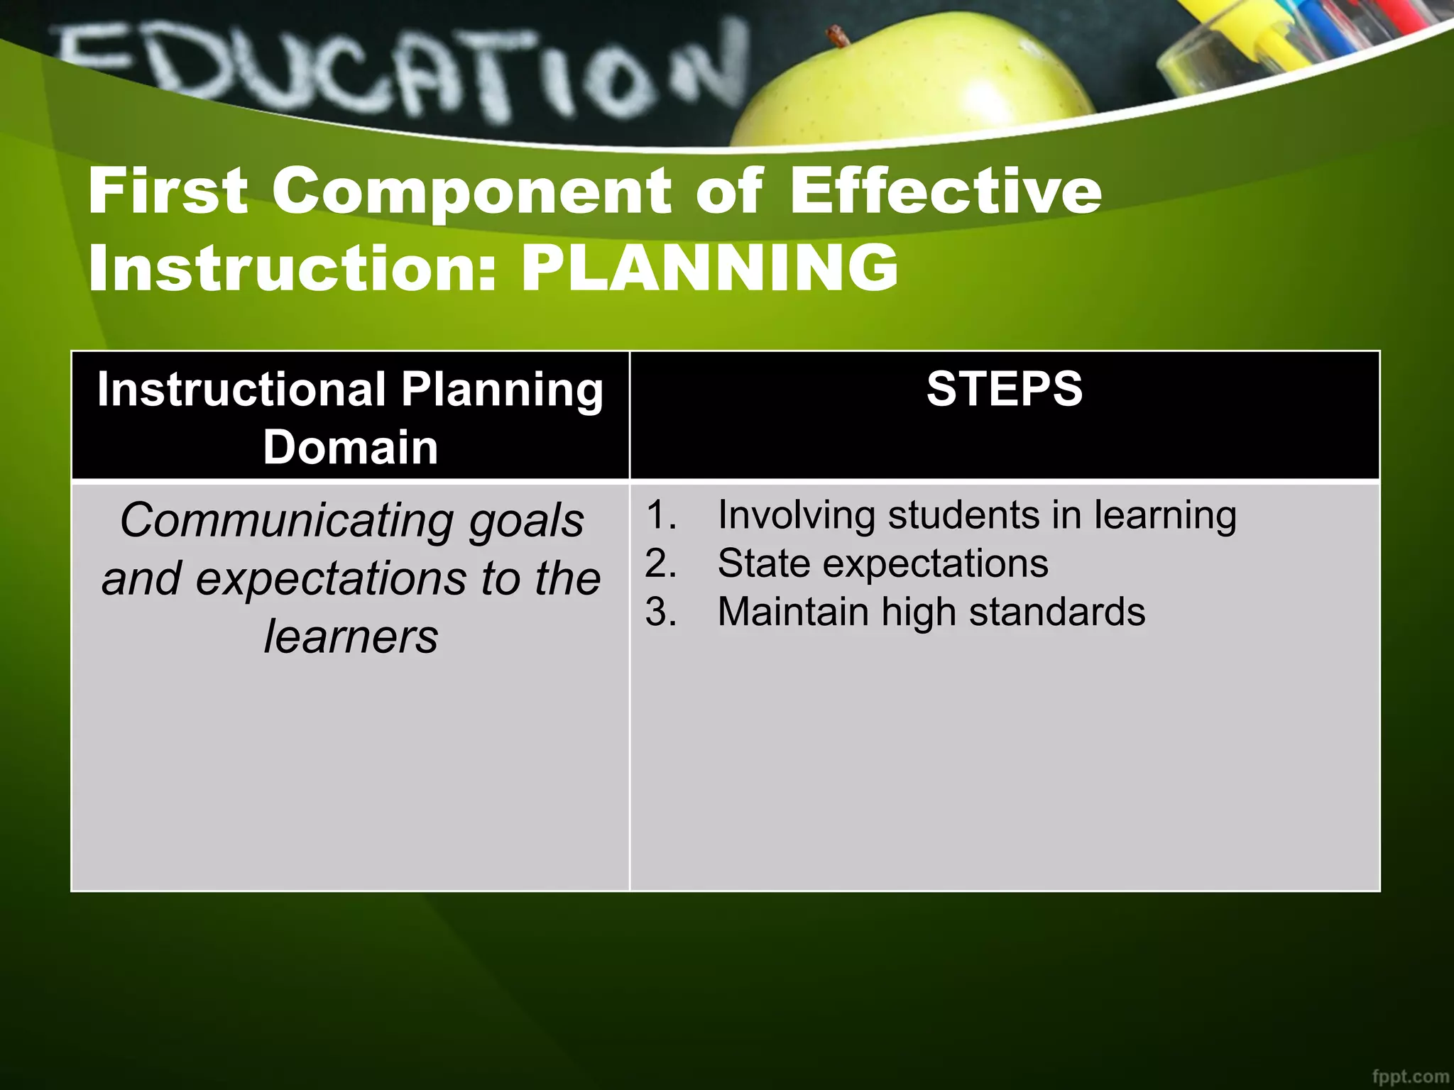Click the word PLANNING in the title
point(710,268)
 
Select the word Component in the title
point(471,192)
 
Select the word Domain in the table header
point(350,447)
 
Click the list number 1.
point(660,514)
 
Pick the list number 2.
point(660,563)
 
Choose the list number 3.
point(660,612)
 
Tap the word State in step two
point(763,563)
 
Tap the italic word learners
point(351,637)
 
